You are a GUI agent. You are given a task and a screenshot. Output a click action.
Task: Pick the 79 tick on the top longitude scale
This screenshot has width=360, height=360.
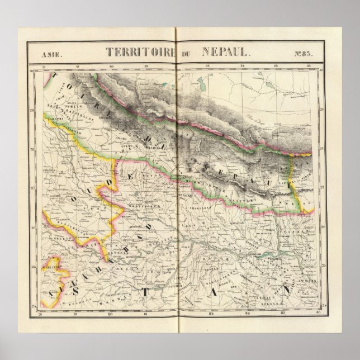(x=77, y=68)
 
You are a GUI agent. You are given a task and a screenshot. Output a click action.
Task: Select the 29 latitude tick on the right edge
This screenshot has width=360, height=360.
(x=320, y=110)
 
